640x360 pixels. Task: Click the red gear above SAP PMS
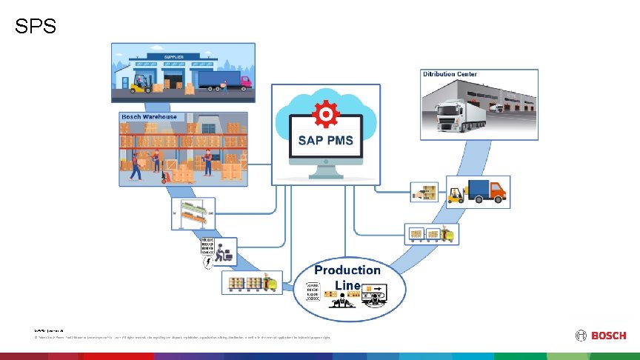(x=324, y=115)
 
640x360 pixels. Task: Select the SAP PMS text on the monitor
(x=325, y=140)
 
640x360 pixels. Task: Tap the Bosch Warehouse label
(x=150, y=117)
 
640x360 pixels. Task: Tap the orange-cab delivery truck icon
(x=487, y=191)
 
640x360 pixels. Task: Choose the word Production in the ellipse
(x=347, y=270)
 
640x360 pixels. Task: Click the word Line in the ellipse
(x=347, y=285)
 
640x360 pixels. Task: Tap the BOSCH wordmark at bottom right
(x=608, y=336)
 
